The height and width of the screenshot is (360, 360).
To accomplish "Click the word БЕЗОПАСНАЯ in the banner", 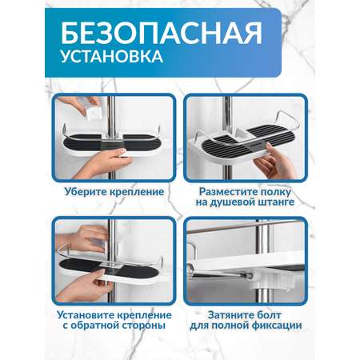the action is pyautogui.click(x=162, y=33).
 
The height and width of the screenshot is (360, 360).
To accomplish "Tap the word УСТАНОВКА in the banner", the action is pyautogui.click(x=112, y=56).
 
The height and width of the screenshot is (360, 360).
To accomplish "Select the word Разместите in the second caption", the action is pyautogui.click(x=228, y=192).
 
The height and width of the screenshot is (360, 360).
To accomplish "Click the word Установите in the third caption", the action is pyautogui.click(x=86, y=315).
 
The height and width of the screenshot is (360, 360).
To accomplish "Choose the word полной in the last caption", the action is pyautogui.click(x=230, y=326).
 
